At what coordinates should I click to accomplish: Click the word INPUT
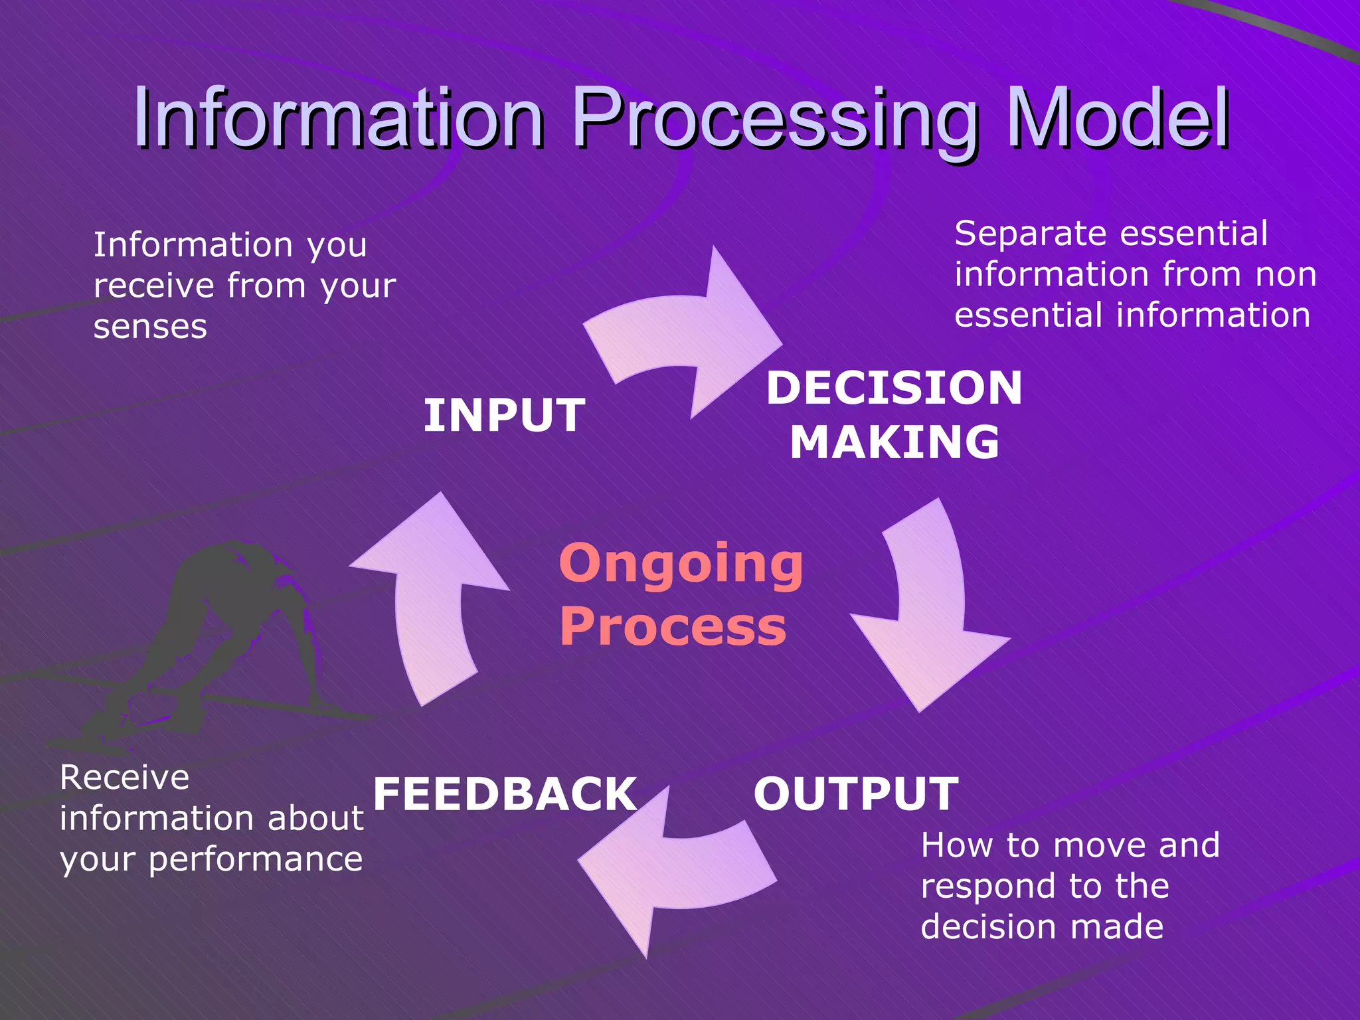tap(504, 416)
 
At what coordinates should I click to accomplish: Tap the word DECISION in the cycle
tap(894, 388)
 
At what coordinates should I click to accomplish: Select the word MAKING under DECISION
tap(894, 442)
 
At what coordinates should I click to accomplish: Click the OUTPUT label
tap(855, 794)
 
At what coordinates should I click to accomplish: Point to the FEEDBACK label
tap(505, 794)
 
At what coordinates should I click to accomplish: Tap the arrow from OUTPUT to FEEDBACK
tap(671, 870)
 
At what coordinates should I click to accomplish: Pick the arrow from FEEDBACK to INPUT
tap(432, 598)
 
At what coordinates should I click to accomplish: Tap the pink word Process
tap(673, 627)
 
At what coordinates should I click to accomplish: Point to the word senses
tap(150, 327)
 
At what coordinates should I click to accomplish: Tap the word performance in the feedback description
tap(255, 860)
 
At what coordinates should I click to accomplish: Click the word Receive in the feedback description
tap(124, 777)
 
